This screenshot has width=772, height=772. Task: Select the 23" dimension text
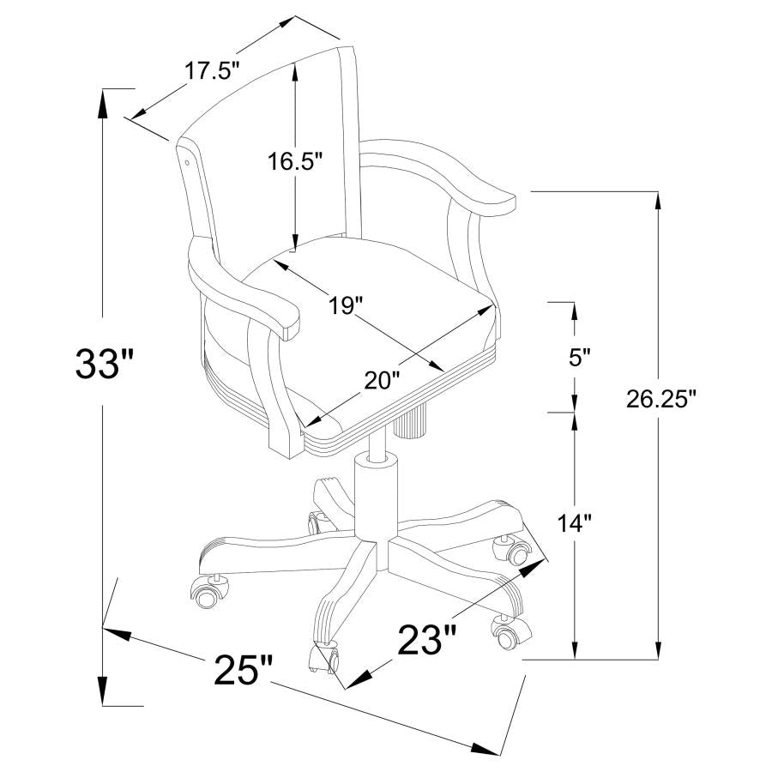click(x=426, y=639)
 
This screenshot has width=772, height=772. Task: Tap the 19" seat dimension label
click(x=347, y=304)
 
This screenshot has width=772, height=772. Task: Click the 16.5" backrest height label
click(x=293, y=161)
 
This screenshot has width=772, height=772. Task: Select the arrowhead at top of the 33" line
click(x=103, y=101)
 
